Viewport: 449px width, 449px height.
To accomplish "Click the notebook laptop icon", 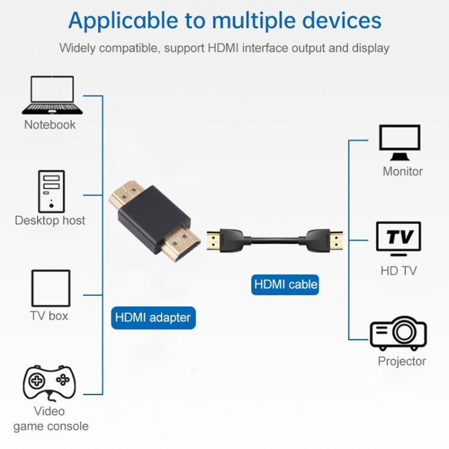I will pos(52,95).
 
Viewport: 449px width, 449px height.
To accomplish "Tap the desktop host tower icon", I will pos(51,190).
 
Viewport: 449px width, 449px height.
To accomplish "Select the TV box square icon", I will pos(50,288).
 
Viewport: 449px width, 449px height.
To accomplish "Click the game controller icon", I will pos(49,382).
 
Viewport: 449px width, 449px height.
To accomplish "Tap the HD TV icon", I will pos(398,239).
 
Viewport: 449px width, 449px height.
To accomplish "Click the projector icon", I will pos(398,333).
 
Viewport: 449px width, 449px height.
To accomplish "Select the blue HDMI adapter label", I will pos(153,317).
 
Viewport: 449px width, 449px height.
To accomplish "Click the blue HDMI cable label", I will pos(286,284).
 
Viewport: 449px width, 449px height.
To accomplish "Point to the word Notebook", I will pos(50,125).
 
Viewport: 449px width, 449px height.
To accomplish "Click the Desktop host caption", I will pos(50,220).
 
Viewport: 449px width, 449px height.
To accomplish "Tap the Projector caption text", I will pos(402,361).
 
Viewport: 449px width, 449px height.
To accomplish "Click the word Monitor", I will pos(402,171).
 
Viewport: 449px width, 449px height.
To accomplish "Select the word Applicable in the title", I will pos(123,20).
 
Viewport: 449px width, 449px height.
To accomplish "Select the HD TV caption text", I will pos(398,271).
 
